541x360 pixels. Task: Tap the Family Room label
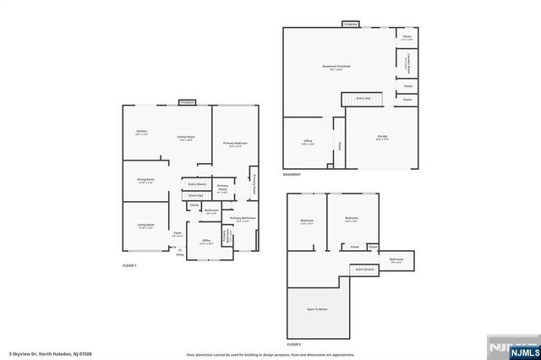(186, 138)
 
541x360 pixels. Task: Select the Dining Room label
(146, 180)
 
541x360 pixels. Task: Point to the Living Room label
(146, 226)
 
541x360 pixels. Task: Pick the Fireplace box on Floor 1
(188, 102)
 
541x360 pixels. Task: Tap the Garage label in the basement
(382, 139)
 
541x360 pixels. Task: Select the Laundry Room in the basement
(408, 62)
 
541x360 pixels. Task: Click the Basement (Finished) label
(336, 68)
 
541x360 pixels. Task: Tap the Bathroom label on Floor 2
(396, 259)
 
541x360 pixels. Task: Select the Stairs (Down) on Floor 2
(364, 270)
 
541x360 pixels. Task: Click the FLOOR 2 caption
(293, 345)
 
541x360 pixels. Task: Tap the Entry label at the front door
(178, 254)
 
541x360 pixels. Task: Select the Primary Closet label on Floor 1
(222, 188)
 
